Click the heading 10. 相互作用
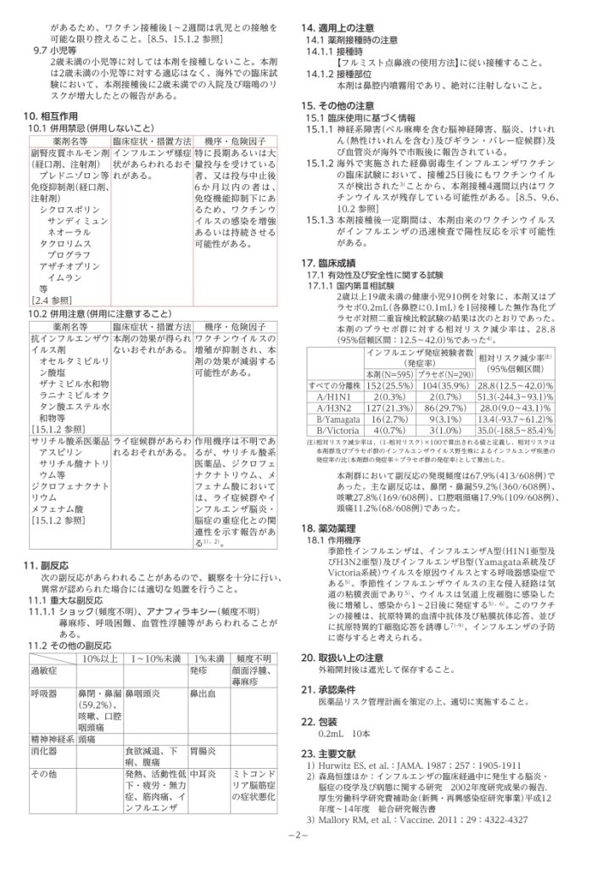click(x=54, y=113)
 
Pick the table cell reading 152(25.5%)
click(x=387, y=386)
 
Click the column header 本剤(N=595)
click(x=387, y=373)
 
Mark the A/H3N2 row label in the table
click(x=330, y=408)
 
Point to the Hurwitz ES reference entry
click(x=404, y=766)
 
